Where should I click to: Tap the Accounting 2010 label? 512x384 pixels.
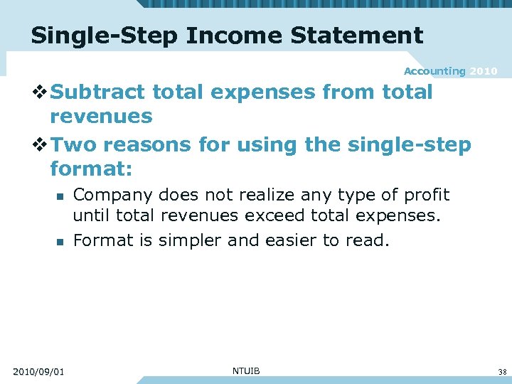point(450,71)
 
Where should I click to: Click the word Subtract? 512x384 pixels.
point(97,92)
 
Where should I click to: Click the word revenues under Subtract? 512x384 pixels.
point(101,116)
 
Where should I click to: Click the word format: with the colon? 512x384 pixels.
point(92,169)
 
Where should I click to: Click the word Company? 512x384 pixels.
point(113,195)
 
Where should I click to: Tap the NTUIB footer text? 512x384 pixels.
point(246,370)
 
